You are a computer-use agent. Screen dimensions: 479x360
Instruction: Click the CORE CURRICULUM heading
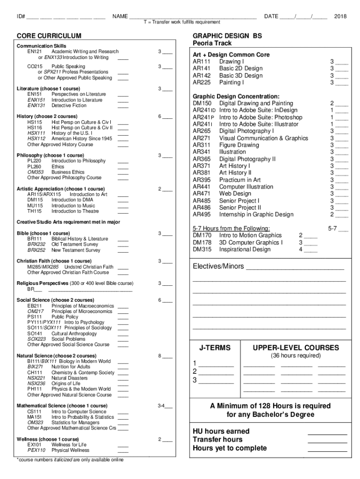point(49,36)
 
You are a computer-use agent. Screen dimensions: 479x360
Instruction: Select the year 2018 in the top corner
point(340,16)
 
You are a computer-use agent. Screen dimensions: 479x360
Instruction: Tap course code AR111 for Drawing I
point(202,62)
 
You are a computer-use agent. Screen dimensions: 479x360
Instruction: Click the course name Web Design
point(235,194)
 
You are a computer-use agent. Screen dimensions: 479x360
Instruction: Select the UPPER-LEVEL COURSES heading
point(296,348)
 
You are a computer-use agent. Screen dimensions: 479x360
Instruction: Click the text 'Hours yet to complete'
point(230,448)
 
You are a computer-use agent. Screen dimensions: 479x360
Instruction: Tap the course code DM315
point(202,249)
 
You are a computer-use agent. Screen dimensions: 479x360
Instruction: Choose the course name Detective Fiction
point(69,106)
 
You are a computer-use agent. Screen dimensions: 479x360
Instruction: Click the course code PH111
point(35,389)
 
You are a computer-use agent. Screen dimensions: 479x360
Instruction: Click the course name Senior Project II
point(240,208)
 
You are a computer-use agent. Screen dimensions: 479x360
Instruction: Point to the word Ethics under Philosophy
point(58,167)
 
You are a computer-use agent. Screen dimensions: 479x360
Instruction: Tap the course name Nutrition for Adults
point(71,367)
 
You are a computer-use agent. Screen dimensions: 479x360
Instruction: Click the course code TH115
point(35,211)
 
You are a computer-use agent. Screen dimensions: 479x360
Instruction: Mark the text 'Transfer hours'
point(217,440)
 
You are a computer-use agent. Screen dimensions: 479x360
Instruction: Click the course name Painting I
point(231,83)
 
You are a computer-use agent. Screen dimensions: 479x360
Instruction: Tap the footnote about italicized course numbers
point(70,460)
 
